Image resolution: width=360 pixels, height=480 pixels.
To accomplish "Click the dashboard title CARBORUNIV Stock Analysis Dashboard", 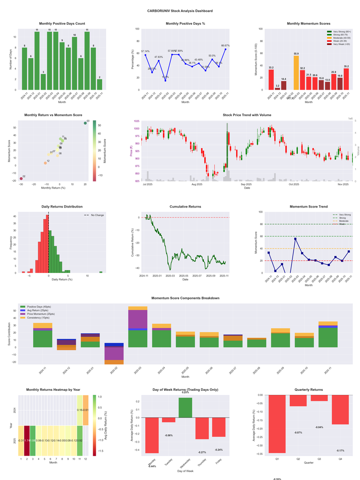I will pos(180,11).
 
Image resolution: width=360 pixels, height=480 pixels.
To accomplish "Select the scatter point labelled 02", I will pos(21,179).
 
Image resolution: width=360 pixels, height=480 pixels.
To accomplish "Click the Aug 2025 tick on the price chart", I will pos(197,185).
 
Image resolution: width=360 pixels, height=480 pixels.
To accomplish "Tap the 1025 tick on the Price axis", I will pos(135,122).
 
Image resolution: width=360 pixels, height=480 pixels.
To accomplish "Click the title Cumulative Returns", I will pos(185,207).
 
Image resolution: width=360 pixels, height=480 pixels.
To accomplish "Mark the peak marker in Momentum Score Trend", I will pos(295,239).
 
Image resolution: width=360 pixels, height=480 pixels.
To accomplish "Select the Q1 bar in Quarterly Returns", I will pos(277,424).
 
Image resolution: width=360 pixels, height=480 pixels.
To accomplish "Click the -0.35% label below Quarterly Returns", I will pos(277,479).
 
